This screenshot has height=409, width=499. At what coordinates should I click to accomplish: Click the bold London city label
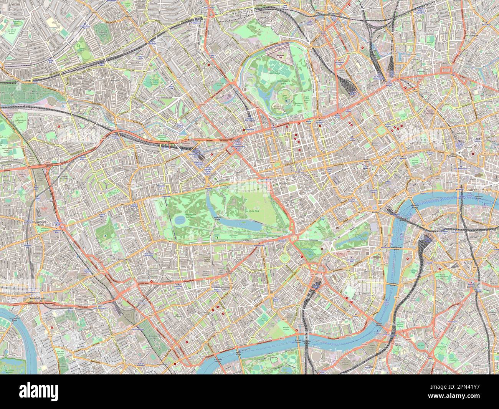[376, 212]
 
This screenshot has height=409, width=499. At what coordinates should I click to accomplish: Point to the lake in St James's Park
[350, 241]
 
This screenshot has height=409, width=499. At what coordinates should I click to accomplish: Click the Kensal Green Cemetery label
[19, 91]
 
